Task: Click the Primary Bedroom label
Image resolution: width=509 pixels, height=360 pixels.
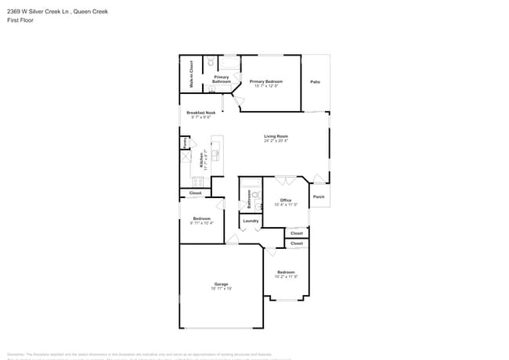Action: (x=266, y=81)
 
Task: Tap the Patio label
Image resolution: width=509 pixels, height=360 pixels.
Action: (x=315, y=81)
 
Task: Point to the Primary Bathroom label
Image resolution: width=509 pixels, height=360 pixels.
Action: (x=221, y=79)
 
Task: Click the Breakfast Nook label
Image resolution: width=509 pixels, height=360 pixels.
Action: (x=200, y=113)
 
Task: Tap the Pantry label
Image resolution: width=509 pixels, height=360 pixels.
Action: (x=185, y=143)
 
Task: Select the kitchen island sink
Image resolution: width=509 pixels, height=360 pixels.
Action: (x=216, y=154)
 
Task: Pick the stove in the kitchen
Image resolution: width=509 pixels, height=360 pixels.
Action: (x=186, y=157)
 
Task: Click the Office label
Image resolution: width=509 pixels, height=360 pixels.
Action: (x=286, y=200)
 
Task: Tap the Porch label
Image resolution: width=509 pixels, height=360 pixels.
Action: (x=319, y=196)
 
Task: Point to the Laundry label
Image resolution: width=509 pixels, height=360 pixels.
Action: (x=251, y=221)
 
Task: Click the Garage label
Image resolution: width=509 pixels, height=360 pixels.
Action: (x=222, y=284)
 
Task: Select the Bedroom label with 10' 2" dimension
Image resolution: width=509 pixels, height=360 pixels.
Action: (x=286, y=272)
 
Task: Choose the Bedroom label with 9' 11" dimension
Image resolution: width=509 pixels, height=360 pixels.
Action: (x=201, y=218)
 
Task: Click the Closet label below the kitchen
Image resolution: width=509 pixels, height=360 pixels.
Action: (x=195, y=193)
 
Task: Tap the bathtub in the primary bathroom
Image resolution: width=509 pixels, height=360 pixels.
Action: (x=229, y=63)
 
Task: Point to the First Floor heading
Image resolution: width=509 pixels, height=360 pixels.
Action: (x=20, y=20)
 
